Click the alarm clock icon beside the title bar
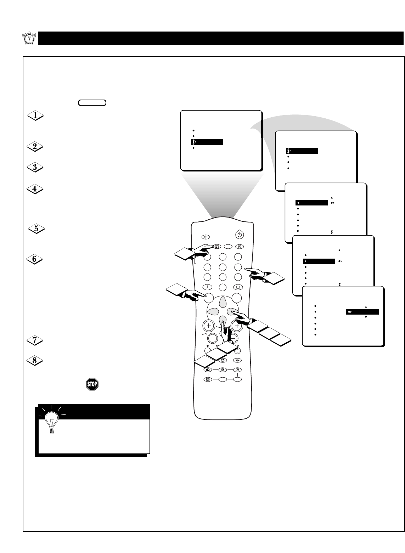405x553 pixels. click(x=29, y=38)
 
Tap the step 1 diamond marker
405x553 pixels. click(x=35, y=115)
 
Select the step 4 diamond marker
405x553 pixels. click(x=35, y=189)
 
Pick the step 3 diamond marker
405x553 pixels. click(x=35, y=168)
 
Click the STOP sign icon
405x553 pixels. click(x=92, y=384)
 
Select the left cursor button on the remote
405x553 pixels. click(x=213, y=312)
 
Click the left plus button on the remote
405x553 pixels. click(x=209, y=326)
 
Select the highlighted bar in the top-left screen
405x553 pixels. click(x=208, y=142)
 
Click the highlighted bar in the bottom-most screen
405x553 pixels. click(x=362, y=312)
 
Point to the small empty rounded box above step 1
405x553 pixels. click(x=92, y=103)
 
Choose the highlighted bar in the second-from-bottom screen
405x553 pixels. click(x=319, y=261)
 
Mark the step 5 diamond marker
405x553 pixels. click(x=36, y=229)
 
